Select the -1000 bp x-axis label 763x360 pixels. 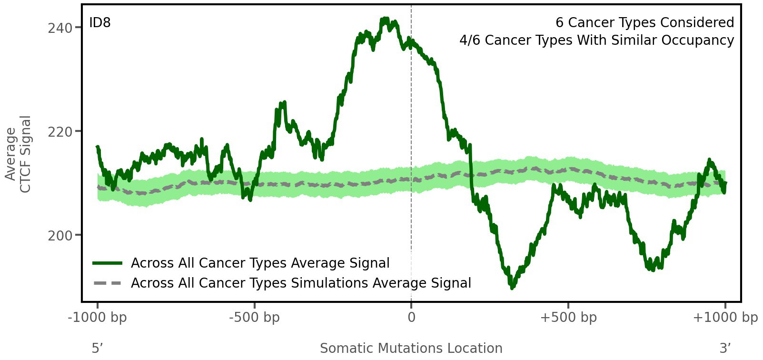(x=98, y=318)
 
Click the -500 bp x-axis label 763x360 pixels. (x=254, y=318)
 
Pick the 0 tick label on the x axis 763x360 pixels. (x=411, y=318)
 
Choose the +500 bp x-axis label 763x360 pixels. (x=568, y=318)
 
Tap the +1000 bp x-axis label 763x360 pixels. (x=725, y=318)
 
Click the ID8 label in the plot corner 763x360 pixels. (x=100, y=22)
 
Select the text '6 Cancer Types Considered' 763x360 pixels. (x=644, y=22)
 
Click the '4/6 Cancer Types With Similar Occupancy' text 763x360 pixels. (x=596, y=40)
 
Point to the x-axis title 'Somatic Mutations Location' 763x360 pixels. (x=411, y=348)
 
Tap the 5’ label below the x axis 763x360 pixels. (x=98, y=348)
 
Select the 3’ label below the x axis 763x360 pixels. (x=725, y=348)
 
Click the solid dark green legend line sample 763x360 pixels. (x=108, y=263)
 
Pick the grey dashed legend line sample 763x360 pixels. (x=108, y=283)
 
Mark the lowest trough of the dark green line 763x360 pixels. (x=512, y=287)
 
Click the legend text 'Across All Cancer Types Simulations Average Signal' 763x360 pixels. (x=301, y=283)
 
